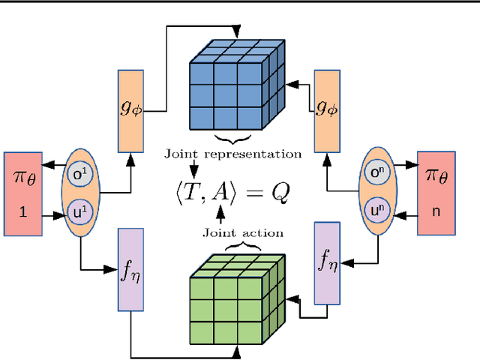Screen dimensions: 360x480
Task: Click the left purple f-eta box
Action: [130, 270]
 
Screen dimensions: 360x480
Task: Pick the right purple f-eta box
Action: [326, 262]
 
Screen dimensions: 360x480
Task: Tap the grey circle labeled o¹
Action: [79, 175]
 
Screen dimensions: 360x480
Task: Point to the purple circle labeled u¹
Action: [79, 209]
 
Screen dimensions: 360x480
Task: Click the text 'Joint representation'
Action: [233, 154]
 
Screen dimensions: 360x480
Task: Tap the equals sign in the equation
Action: [256, 193]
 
